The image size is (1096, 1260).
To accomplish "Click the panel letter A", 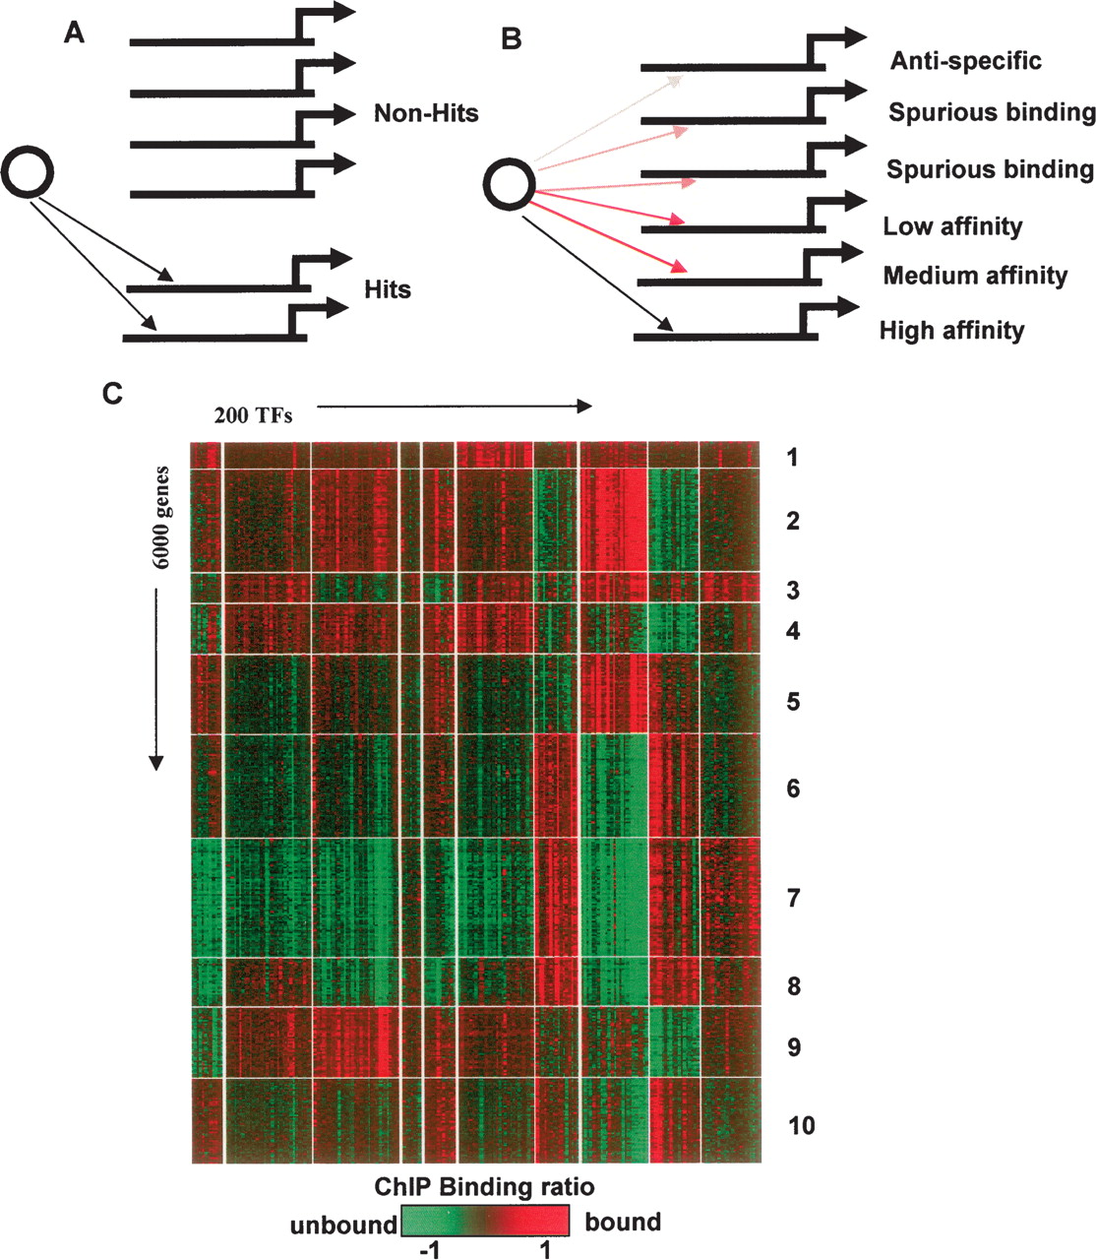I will [74, 34].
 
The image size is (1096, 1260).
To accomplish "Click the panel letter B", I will [512, 39].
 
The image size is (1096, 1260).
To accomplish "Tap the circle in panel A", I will [28, 172].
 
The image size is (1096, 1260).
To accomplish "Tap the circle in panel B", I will [511, 184].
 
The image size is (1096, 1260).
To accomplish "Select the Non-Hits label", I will [426, 114].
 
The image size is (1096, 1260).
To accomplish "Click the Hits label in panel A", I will [387, 289].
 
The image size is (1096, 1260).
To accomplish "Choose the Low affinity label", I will [952, 226].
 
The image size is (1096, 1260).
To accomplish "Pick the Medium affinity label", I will [975, 276].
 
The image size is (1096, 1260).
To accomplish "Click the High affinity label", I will [951, 330].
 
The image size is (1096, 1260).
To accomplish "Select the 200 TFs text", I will [253, 415].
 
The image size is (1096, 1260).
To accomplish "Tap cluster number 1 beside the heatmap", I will [792, 457].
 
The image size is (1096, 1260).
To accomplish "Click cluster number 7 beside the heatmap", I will [794, 898].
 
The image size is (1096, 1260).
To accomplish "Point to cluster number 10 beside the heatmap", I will [801, 1124].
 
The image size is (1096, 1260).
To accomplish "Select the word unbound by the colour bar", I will [342, 1224].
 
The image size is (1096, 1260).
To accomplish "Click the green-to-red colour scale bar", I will [485, 1222].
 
